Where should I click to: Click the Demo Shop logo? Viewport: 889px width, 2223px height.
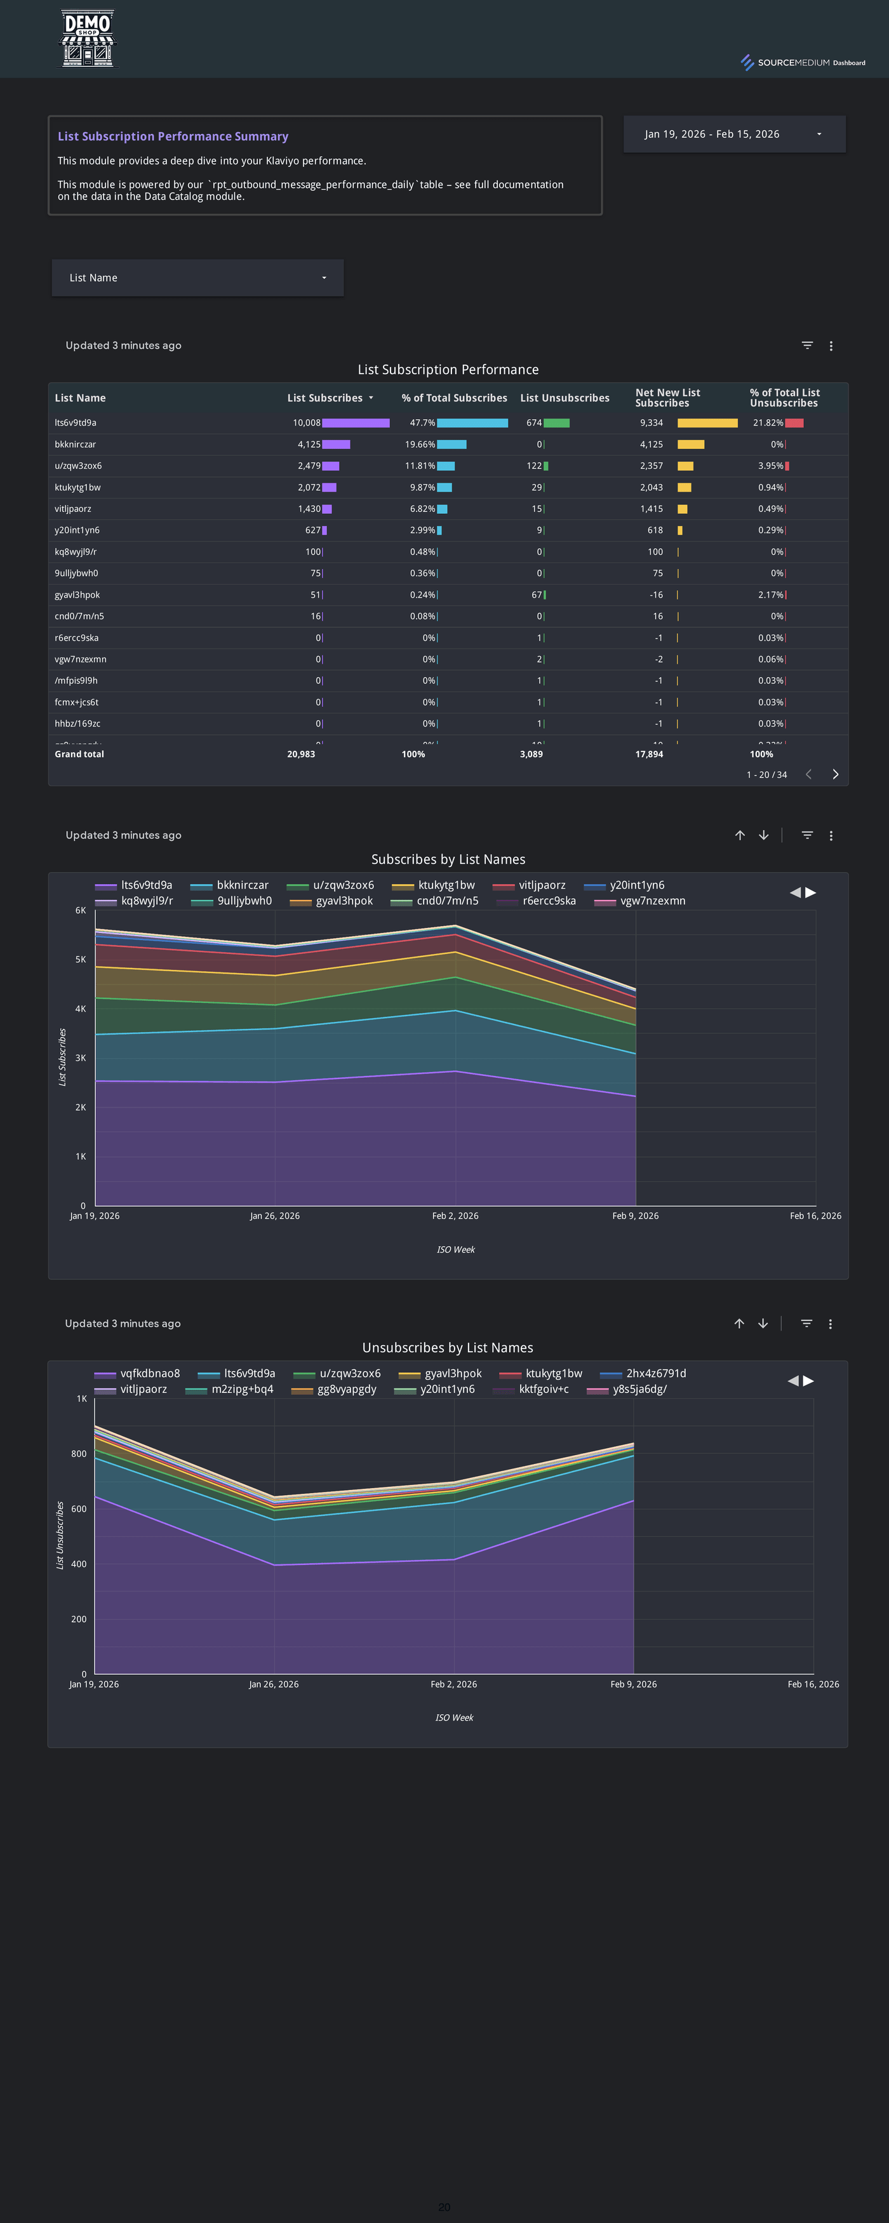(87, 39)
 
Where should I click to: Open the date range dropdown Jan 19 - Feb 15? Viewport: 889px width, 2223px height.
(733, 134)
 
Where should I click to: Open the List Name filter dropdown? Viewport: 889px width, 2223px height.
(197, 278)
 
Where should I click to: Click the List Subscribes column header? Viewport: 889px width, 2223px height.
(324, 398)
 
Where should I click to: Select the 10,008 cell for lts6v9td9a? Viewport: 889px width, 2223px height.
(307, 423)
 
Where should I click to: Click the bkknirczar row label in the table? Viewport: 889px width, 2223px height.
(75, 445)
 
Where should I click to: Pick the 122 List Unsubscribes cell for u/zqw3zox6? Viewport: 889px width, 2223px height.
(534, 466)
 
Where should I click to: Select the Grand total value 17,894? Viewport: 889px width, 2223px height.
(649, 755)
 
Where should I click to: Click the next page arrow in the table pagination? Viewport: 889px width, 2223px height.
(834, 774)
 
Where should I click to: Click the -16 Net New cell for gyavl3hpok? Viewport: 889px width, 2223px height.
(656, 594)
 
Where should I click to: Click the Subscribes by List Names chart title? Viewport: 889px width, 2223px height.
(448, 859)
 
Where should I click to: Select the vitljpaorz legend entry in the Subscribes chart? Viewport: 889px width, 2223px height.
(541, 885)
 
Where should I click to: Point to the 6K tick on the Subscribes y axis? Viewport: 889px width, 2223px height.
(80, 910)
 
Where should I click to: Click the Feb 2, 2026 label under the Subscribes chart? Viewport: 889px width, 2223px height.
(455, 1216)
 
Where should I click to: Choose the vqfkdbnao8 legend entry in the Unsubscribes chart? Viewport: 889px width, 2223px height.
(149, 1373)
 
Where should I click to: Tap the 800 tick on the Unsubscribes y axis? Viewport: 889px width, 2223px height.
(79, 1454)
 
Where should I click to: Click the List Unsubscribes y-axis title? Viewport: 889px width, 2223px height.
(60, 1535)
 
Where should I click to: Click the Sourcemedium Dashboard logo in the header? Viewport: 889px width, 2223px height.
(803, 62)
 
